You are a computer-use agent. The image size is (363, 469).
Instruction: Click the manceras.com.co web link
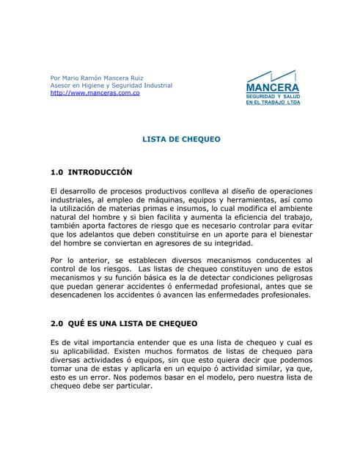pos(95,94)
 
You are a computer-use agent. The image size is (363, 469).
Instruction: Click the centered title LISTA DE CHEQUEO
pos(181,138)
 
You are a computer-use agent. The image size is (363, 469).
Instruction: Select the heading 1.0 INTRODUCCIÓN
pos(91,172)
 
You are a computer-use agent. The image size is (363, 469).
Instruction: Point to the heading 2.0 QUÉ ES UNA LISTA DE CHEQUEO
pos(123,323)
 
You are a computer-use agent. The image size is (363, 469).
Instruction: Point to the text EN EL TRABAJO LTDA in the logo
pos(272,103)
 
